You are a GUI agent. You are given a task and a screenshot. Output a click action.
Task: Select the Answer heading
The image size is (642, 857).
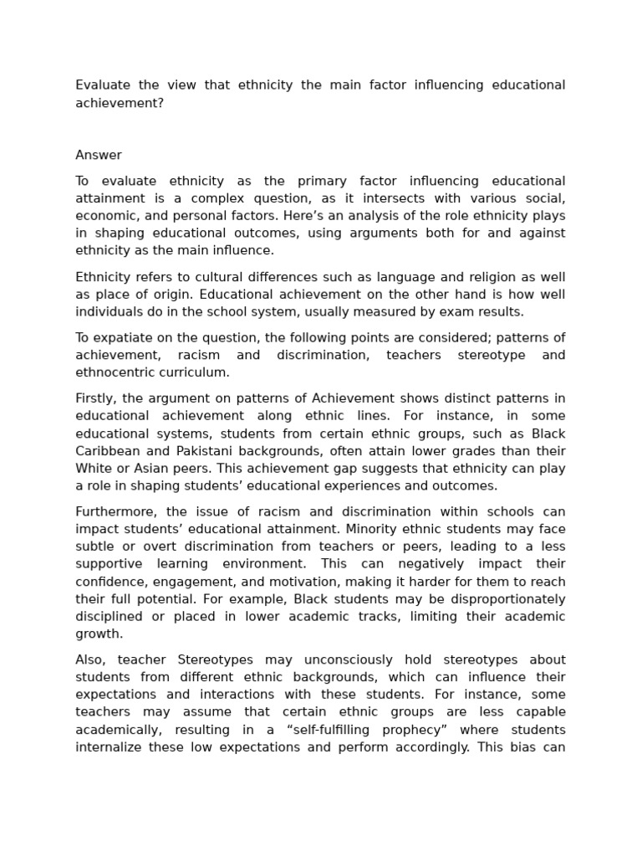pyautogui.click(x=99, y=155)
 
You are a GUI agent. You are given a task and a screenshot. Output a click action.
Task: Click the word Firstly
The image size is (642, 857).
pyautogui.click(x=96, y=398)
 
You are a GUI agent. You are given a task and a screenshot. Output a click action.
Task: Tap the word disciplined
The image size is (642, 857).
pyautogui.click(x=109, y=617)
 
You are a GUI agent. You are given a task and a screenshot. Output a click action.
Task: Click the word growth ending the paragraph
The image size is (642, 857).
pyautogui.click(x=99, y=634)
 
